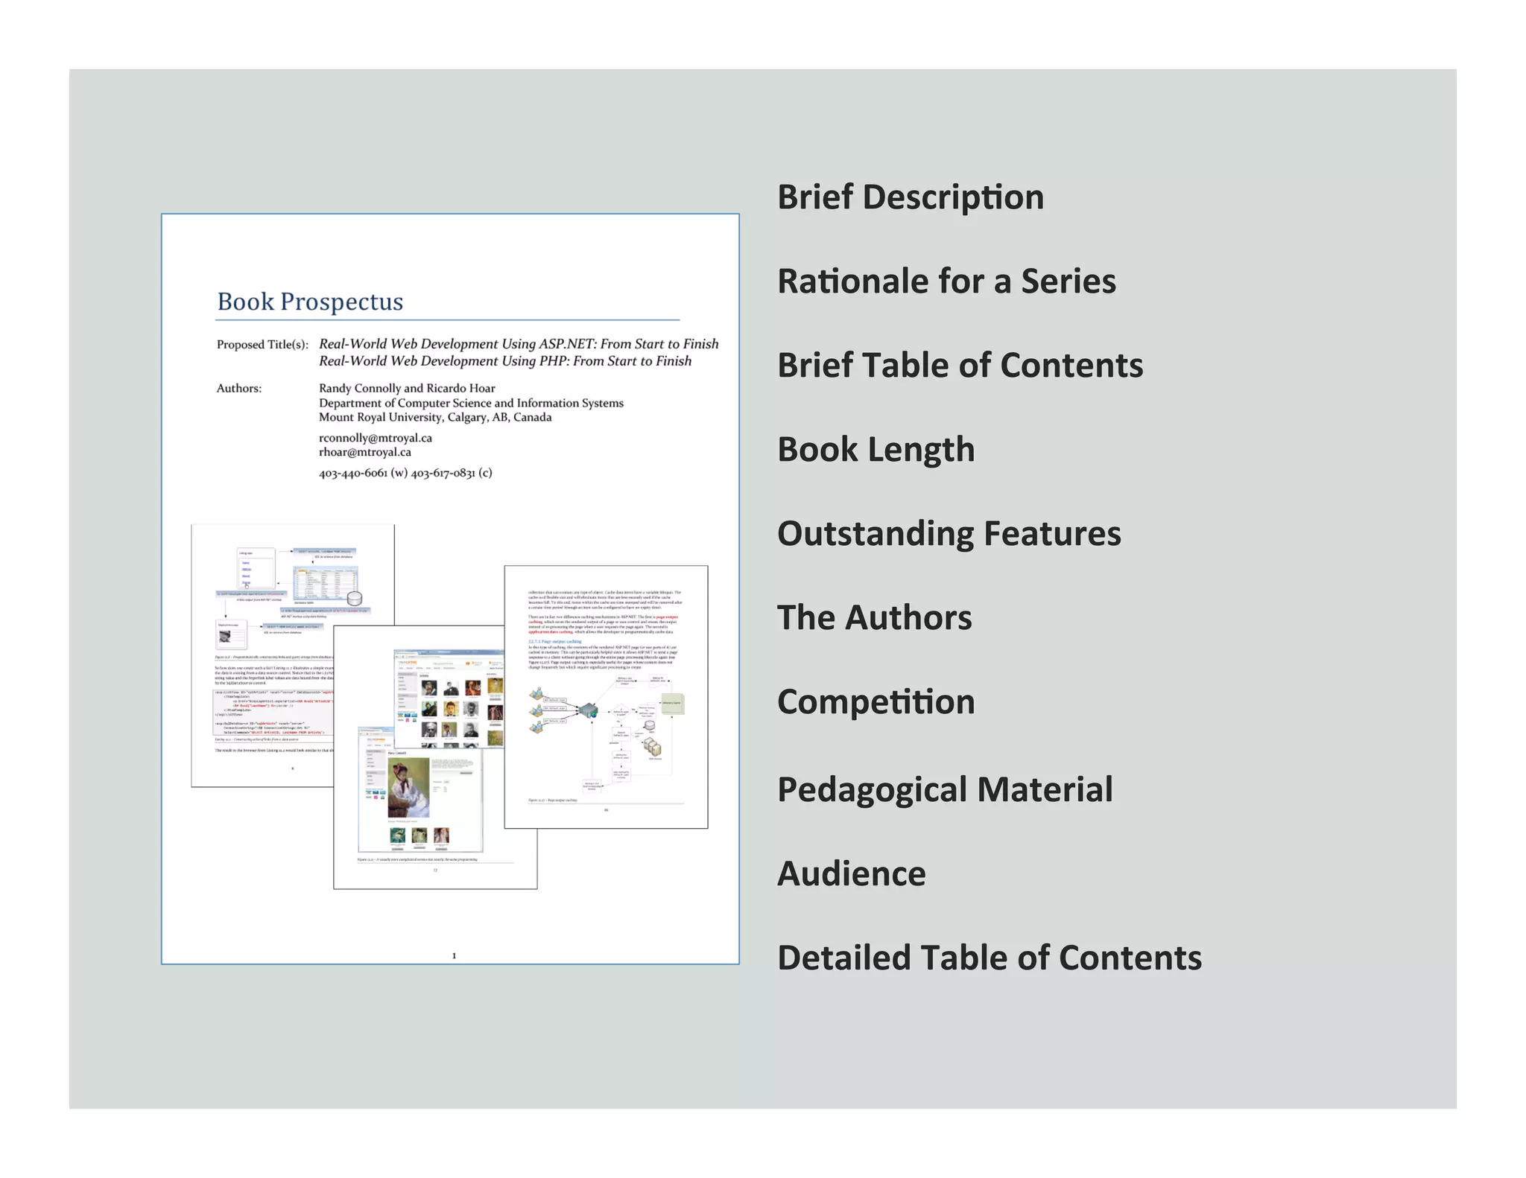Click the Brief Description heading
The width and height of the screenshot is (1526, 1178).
(910, 197)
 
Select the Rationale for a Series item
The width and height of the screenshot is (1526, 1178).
(946, 281)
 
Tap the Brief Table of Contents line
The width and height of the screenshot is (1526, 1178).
(960, 366)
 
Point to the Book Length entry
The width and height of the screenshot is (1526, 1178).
(876, 450)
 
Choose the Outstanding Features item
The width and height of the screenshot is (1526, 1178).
(949, 534)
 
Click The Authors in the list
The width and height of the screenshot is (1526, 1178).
(874, 618)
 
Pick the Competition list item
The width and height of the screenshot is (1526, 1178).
(876, 702)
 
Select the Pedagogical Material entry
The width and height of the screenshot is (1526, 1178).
(945, 789)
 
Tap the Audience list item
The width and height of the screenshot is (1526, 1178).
(851, 874)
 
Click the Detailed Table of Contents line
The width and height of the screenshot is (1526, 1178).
(989, 958)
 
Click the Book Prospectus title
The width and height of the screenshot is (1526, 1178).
(310, 302)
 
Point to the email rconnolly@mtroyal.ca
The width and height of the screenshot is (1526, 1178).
(376, 438)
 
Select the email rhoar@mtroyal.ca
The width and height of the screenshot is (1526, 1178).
(365, 452)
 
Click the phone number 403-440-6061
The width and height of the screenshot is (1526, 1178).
(353, 473)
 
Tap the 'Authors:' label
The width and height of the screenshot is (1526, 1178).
(238, 388)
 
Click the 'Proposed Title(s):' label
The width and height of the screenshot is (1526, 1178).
(262, 344)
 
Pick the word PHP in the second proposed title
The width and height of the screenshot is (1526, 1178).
(554, 361)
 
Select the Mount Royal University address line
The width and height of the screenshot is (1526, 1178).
(435, 417)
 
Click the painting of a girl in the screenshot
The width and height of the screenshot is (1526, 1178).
(408, 787)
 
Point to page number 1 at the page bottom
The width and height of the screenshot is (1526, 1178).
(454, 955)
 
